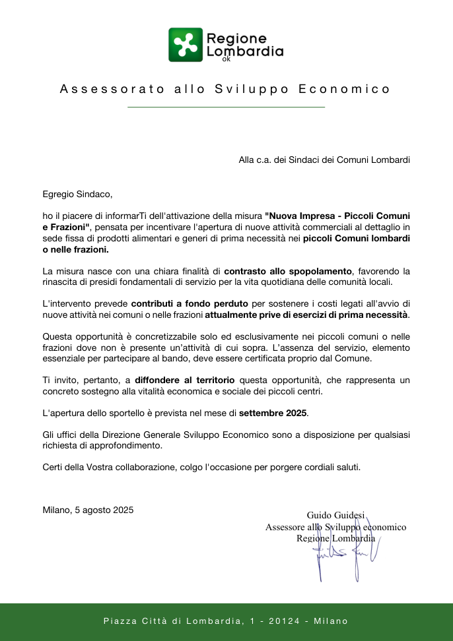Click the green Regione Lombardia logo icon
tap(185, 44)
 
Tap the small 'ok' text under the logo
tap(226, 59)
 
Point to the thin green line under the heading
tap(226, 107)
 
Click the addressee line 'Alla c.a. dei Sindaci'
tap(324, 160)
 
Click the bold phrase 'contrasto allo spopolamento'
tap(289, 271)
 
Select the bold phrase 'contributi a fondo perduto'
tap(190, 303)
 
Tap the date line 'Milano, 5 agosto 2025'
tap(88, 510)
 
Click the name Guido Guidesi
tap(335, 515)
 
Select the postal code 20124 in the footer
tap(285, 621)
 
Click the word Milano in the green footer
tap(331, 621)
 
